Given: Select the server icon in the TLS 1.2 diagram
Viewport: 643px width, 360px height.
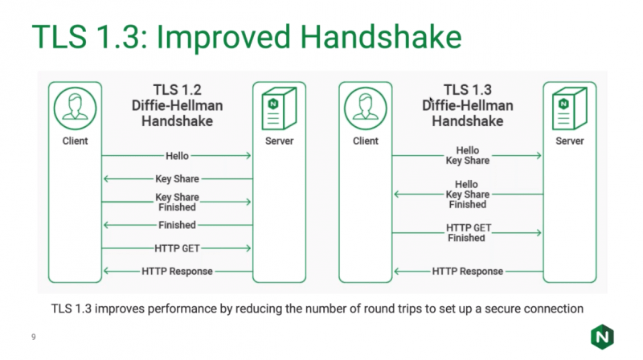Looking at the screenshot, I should [279, 109].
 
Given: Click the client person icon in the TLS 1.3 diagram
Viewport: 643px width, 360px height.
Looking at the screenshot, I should [366, 109].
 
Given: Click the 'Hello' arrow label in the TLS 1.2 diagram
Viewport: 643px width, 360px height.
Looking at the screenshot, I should [177, 155].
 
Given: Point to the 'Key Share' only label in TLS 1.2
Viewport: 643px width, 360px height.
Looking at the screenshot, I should [177, 178].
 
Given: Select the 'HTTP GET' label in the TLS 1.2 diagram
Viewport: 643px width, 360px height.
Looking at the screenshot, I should [177, 248].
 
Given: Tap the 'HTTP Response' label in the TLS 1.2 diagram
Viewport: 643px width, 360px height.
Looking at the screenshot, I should [177, 272].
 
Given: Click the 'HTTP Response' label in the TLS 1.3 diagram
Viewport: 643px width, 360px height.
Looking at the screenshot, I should [467, 272].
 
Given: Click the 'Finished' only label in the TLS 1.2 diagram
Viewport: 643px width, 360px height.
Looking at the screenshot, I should [177, 225].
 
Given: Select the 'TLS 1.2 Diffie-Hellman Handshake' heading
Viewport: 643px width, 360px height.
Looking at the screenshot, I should [177, 105].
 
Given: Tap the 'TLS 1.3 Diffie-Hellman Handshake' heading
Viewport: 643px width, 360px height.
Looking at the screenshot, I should [468, 105].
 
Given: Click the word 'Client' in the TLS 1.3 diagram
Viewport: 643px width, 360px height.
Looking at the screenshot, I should [366, 141].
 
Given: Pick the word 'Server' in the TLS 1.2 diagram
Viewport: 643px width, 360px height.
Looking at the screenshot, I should [279, 141].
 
